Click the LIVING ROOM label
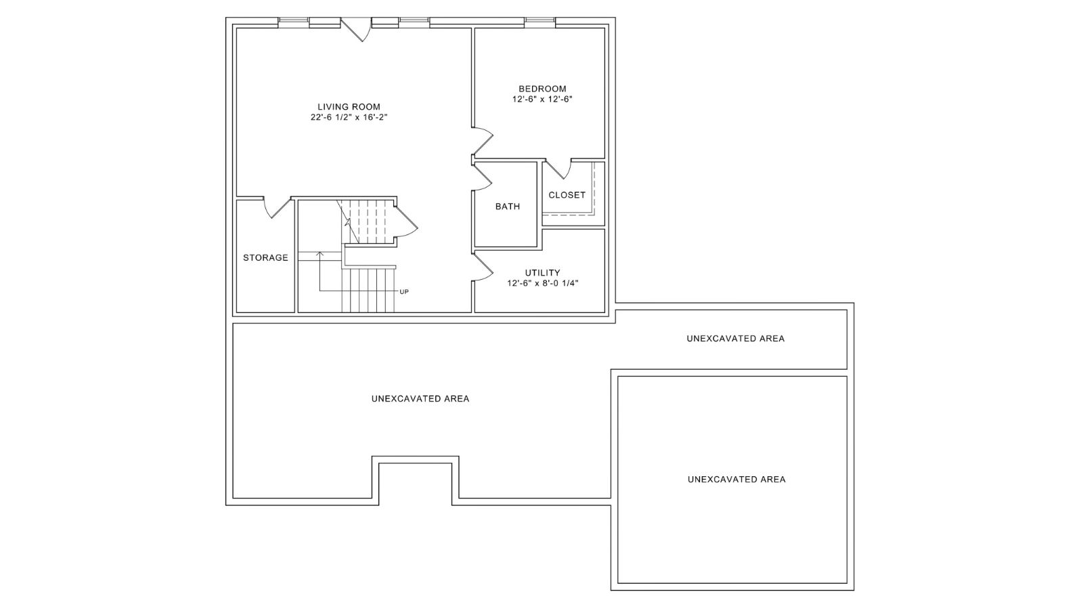349,107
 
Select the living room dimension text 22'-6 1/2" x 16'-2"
349,117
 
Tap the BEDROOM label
542,89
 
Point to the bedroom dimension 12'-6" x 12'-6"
542,100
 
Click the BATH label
508,207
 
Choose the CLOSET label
567,195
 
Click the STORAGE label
265,258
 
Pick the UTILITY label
542,273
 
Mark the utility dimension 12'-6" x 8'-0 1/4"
542,284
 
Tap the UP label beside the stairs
404,292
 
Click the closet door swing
560,170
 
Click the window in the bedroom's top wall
540,20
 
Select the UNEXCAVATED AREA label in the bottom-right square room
736,480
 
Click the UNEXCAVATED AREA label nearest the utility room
736,339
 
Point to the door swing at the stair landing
407,222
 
